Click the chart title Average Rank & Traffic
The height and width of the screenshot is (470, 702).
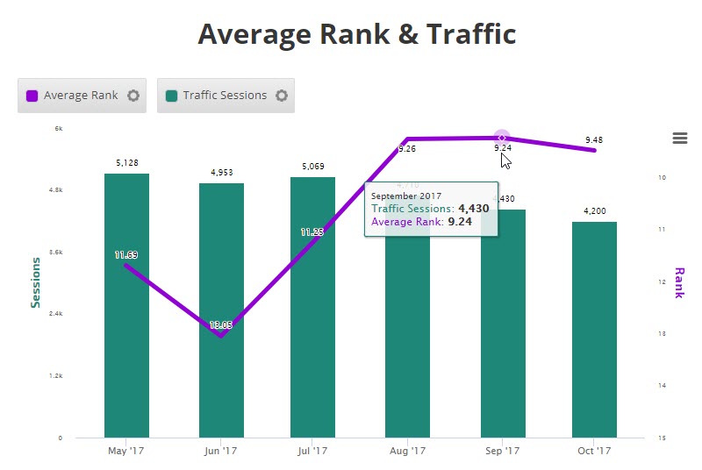[x=356, y=34]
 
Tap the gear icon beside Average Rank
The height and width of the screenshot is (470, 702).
[x=133, y=96]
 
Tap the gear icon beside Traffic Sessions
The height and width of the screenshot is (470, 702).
[x=282, y=96]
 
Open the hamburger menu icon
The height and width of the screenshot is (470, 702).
[x=679, y=138]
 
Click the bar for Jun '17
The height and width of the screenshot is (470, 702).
[x=221, y=386]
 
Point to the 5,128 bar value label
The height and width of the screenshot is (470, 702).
[x=126, y=162]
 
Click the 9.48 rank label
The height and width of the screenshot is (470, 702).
[x=594, y=139]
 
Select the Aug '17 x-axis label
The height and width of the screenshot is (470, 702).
[x=407, y=452]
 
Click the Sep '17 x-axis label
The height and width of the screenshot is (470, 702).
[x=501, y=452]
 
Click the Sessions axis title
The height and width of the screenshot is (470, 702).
[x=36, y=282]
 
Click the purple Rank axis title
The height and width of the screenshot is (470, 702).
[x=678, y=282]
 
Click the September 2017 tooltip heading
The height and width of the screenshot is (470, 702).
[x=406, y=196]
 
